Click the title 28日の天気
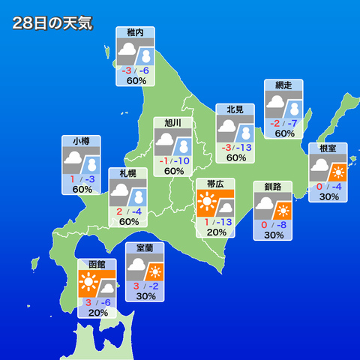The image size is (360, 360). [52, 23]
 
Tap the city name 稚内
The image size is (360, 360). [136, 33]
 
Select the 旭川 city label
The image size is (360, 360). [173, 123]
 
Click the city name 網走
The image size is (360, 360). [284, 85]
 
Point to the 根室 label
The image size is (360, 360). [328, 148]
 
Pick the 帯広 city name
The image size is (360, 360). [215, 184]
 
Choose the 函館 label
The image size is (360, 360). [97, 265]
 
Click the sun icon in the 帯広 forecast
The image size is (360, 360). [206, 203]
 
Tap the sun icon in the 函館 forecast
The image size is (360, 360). [88, 283]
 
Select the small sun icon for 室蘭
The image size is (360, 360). [155, 271]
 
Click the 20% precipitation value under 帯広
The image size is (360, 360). [216, 232]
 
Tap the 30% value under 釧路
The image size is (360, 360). [273, 235]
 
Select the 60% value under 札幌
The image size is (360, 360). [128, 222]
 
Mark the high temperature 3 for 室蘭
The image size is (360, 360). [136, 286]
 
